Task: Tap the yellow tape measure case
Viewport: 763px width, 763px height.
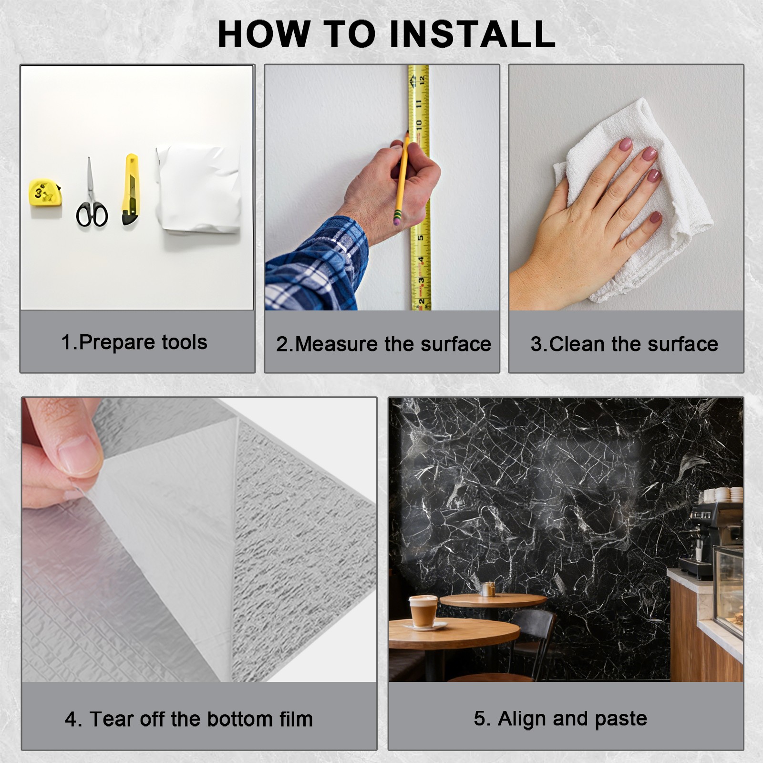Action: click(45, 193)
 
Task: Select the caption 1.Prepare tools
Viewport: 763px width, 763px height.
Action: click(134, 342)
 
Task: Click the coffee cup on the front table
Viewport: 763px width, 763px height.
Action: click(423, 611)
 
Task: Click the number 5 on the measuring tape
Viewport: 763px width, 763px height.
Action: click(420, 237)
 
